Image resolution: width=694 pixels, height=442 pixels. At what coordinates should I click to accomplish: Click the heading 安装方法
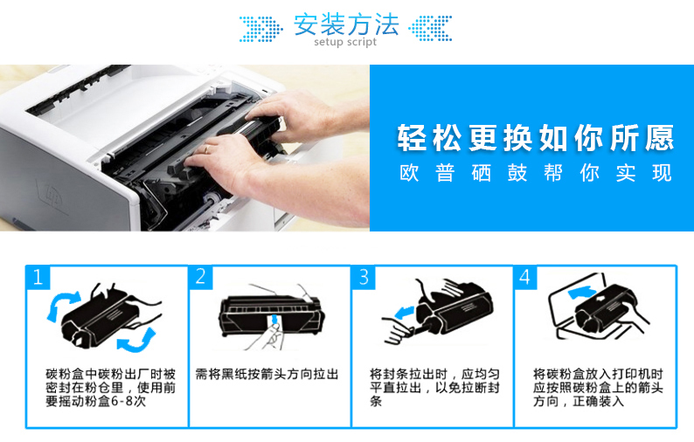pos(346,24)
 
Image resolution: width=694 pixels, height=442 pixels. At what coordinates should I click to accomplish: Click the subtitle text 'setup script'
pos(345,42)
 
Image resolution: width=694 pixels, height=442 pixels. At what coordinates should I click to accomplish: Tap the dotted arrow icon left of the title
pos(261,29)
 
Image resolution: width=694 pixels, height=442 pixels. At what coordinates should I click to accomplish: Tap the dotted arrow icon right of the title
pos(430,28)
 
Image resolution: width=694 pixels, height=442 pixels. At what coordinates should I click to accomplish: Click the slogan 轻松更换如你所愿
pos(535,138)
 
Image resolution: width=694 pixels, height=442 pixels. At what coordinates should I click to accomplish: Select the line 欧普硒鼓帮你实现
pos(535,173)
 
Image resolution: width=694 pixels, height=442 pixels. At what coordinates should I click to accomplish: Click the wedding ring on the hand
pos(206,149)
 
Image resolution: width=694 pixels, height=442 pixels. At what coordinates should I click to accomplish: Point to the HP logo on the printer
pos(50,193)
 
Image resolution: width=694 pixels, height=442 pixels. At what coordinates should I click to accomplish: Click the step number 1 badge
pos(38,278)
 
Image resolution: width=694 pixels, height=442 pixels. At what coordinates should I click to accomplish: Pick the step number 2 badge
pos(200,277)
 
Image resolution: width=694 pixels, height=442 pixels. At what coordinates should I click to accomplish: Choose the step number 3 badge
pos(364,277)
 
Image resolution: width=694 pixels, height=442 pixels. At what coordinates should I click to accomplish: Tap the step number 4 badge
pos(525,277)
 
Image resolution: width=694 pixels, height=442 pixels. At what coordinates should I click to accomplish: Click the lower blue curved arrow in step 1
pos(137,341)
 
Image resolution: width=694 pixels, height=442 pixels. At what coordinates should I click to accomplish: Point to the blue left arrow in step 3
pos(404,313)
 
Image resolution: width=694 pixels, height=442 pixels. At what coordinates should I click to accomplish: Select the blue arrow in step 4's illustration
pos(581,292)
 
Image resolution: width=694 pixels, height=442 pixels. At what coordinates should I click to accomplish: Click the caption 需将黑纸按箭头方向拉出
pos(267,375)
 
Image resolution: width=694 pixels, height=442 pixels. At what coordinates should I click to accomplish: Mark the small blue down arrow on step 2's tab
pos(275,319)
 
